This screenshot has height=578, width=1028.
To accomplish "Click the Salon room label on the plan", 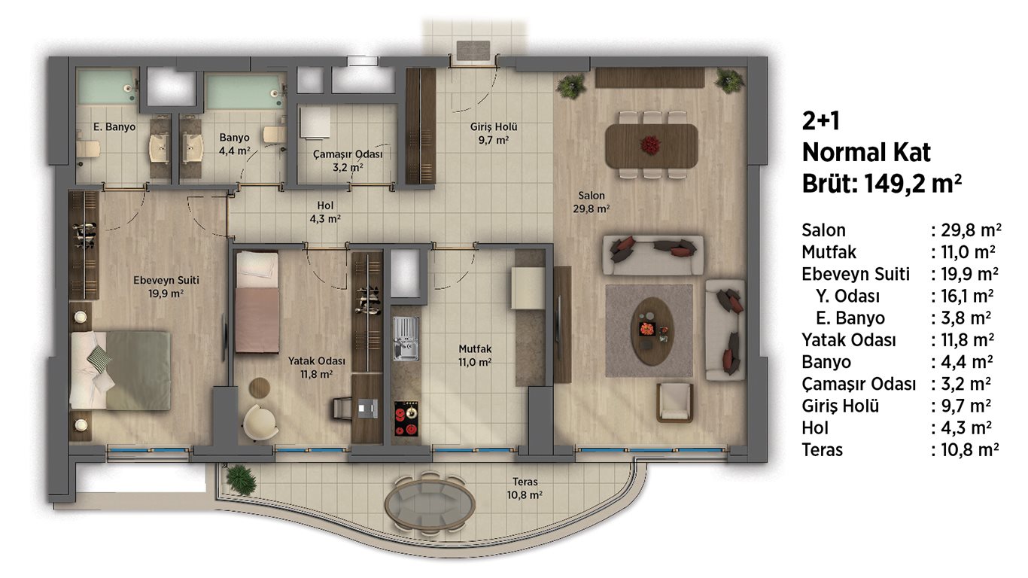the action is pyautogui.click(x=591, y=196).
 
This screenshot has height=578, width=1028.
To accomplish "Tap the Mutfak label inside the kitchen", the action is pyautogui.click(x=475, y=349).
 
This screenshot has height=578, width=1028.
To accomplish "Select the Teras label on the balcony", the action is pyautogui.click(x=525, y=482).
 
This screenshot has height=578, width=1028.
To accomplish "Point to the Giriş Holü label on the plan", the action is pyautogui.click(x=494, y=126).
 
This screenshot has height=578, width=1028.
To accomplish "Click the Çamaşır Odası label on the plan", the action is pyautogui.click(x=348, y=154).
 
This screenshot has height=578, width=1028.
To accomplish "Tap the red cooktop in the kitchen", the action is pyautogui.click(x=406, y=418).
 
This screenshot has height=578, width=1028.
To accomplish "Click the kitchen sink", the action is pyautogui.click(x=406, y=339).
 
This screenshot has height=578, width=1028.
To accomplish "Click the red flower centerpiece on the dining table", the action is pyautogui.click(x=650, y=144).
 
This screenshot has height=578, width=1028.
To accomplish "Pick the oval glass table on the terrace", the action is pyautogui.click(x=430, y=503).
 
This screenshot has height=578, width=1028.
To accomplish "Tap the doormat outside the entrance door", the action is pyautogui.click(x=473, y=50).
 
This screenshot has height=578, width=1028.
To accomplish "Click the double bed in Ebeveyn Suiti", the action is pyautogui.click(x=120, y=370).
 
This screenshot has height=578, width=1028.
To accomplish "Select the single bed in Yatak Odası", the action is pyautogui.click(x=257, y=302).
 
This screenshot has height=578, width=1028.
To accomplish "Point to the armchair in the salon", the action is pyautogui.click(x=674, y=403).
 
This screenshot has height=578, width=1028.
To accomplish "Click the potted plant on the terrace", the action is pyautogui.click(x=241, y=479).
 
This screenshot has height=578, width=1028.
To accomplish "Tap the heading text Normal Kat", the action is pyautogui.click(x=866, y=152).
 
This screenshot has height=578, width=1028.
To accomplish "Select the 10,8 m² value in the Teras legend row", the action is pyautogui.click(x=969, y=450).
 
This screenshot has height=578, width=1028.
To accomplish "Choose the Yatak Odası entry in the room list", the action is pyautogui.click(x=849, y=340).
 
